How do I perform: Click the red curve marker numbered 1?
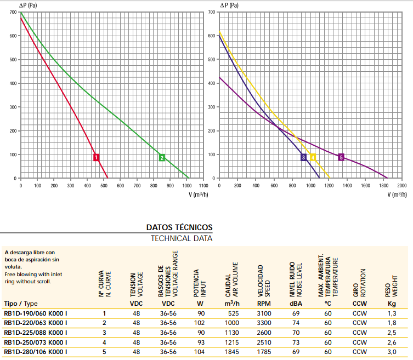pyautogui.click(x=97, y=157)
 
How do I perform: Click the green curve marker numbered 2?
pyautogui.click(x=162, y=157)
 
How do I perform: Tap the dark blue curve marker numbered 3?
pyautogui.click(x=303, y=157)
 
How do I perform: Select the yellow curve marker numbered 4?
pyautogui.click(x=313, y=157)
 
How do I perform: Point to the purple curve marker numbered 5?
pyautogui.click(x=341, y=157)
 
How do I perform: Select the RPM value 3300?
pyautogui.click(x=264, y=323)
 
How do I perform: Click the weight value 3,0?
pyautogui.click(x=392, y=352)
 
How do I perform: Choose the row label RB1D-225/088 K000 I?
pyautogui.click(x=35, y=333)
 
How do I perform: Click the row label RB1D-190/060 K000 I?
pyautogui.click(x=35, y=313)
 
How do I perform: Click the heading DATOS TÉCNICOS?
pyautogui.click(x=179, y=227)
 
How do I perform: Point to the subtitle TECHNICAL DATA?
pyautogui.click(x=182, y=238)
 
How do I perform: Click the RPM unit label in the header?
pyautogui.click(x=264, y=303)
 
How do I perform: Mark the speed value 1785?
pyautogui.click(x=264, y=352)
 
